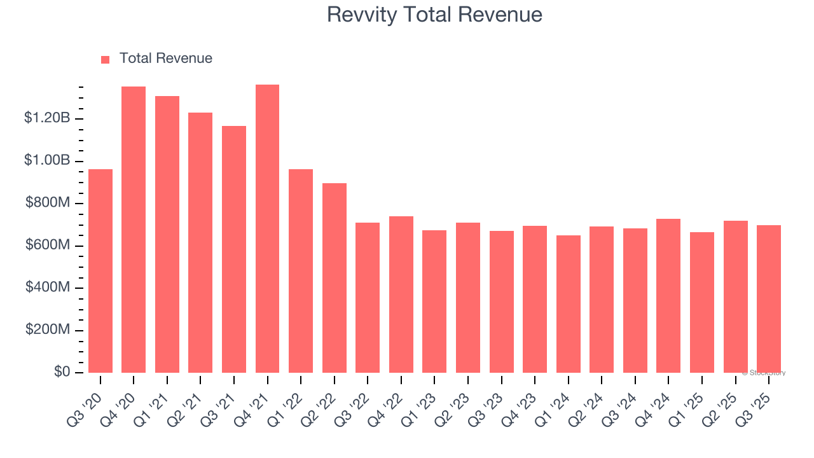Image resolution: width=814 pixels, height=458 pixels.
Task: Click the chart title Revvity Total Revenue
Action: click(x=434, y=15)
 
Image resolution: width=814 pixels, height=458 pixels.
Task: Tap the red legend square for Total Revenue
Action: click(x=106, y=59)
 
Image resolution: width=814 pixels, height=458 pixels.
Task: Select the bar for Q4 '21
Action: click(x=267, y=229)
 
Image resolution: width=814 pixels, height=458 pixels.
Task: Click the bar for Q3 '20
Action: click(x=100, y=271)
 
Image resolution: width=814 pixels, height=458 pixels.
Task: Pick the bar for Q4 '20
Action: click(x=134, y=230)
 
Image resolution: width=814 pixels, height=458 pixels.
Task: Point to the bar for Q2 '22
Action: click(x=335, y=278)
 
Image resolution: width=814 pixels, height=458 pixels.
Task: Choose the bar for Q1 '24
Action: click(x=568, y=304)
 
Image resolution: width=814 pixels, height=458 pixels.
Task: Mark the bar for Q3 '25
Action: click(x=769, y=299)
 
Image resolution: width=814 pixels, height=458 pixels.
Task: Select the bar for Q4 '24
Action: click(x=668, y=296)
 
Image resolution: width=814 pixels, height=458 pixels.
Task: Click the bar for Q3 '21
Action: click(x=234, y=249)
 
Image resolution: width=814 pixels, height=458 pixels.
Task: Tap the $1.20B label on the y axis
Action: click(x=47, y=118)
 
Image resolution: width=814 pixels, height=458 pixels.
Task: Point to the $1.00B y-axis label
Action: click(x=47, y=160)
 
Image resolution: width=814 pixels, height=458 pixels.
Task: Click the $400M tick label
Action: click(x=48, y=288)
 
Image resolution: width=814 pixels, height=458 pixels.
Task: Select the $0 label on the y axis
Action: click(x=61, y=372)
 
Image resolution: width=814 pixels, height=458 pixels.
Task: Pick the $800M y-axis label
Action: click(x=48, y=203)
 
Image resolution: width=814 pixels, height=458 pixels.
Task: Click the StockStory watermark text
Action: click(x=764, y=373)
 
